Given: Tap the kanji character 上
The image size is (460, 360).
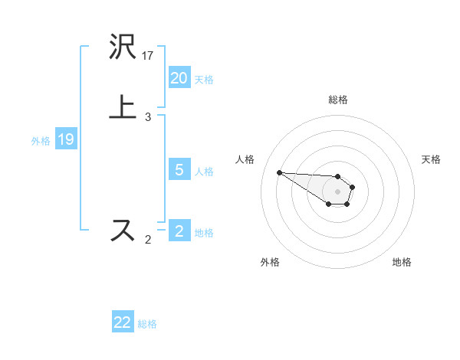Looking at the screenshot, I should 123,106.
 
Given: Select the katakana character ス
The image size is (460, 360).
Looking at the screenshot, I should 123,230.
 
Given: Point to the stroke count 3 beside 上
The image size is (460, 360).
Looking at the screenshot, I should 148,117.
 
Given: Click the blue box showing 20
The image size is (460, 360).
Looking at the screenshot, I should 179,78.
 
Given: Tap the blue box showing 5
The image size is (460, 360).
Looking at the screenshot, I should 179,170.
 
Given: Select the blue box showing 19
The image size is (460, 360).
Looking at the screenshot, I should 65,139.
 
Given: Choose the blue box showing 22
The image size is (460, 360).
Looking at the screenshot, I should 123,322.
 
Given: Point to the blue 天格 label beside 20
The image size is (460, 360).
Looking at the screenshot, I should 204,80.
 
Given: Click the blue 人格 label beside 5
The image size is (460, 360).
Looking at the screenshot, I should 204,172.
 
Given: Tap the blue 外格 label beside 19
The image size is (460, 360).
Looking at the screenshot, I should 40,141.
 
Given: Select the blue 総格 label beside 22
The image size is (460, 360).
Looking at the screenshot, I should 147,324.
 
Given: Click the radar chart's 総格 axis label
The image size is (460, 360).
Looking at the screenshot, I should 338,100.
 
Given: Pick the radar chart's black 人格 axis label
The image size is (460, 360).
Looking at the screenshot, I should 245,159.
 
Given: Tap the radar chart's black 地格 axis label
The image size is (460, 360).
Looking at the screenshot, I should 402,262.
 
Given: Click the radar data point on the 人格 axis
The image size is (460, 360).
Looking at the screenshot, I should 279,172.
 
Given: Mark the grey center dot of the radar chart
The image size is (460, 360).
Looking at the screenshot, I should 338,191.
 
